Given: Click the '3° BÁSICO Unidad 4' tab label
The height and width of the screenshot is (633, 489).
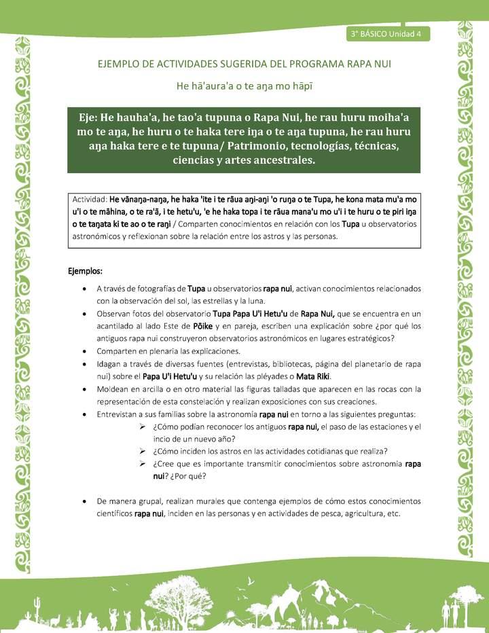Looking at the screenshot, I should pos(386,33).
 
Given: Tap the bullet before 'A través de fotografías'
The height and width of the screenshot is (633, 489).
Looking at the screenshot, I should pos(83,289).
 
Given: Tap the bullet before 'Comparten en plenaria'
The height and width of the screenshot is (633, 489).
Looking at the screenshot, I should pos(83,351).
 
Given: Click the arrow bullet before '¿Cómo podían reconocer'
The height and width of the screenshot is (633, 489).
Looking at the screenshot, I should pos(143,427).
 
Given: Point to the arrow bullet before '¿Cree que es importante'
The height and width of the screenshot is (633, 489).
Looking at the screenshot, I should pos(143,465).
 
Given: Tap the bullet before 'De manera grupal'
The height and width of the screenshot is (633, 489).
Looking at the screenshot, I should pos(83,501).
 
